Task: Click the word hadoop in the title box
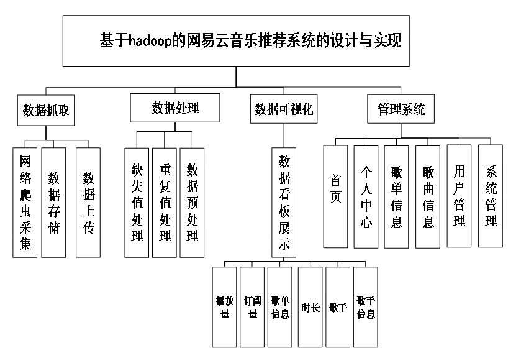[x=150, y=41]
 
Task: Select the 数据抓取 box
[x=46, y=111]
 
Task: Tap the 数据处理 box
[x=175, y=108]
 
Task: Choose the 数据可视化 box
[x=284, y=109]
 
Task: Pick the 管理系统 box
[x=401, y=109]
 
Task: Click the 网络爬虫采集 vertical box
[x=25, y=203]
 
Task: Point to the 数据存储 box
[x=53, y=203]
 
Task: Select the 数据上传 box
[x=88, y=203]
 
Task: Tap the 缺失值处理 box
[x=137, y=203]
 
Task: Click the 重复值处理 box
[x=165, y=203]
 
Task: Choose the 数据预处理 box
[x=192, y=203]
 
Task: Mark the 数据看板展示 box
[x=284, y=203]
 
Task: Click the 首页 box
[x=336, y=196]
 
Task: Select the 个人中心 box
[x=366, y=197]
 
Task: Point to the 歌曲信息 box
[x=428, y=197]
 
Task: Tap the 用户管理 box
[x=459, y=196]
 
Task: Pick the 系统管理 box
[x=491, y=196]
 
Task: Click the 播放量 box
[x=224, y=307]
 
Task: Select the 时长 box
[x=310, y=307]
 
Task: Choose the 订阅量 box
[x=252, y=307]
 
